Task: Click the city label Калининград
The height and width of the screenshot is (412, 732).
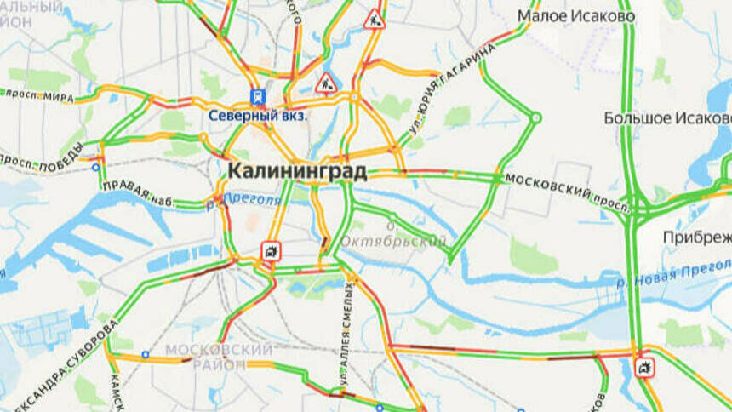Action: (x=297, y=171)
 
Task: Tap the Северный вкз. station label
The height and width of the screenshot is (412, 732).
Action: (x=259, y=115)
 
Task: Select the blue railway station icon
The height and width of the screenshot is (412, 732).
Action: (x=257, y=97)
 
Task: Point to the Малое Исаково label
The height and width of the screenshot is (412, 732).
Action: (x=575, y=16)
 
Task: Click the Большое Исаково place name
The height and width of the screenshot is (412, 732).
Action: (x=666, y=117)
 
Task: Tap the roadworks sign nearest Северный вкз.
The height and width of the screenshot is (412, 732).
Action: (x=326, y=83)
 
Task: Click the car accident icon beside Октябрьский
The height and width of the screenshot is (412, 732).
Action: (x=271, y=250)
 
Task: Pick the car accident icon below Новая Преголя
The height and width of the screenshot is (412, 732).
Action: (x=644, y=368)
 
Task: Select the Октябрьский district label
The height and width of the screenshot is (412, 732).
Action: (x=392, y=241)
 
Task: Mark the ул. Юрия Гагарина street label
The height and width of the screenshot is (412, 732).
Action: (x=451, y=88)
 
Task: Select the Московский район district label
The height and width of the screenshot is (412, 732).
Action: (x=219, y=357)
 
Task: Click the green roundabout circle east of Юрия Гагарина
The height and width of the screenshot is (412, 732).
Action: (x=536, y=118)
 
